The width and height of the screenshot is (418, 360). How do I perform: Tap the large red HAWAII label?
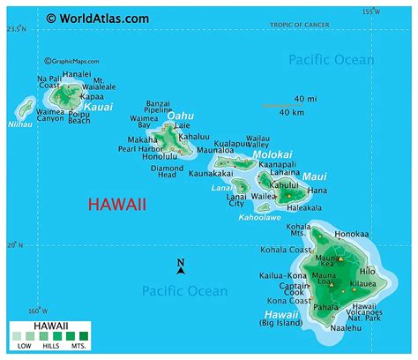pyautogui.click(x=117, y=205)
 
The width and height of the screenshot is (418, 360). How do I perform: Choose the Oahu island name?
pyautogui.click(x=180, y=115)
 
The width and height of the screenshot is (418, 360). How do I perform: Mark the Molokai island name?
pyautogui.click(x=272, y=154)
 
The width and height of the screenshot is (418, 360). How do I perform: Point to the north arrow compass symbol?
pyautogui.click(x=180, y=266)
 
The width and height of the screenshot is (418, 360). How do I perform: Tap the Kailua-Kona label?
pyautogui.click(x=284, y=275)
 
